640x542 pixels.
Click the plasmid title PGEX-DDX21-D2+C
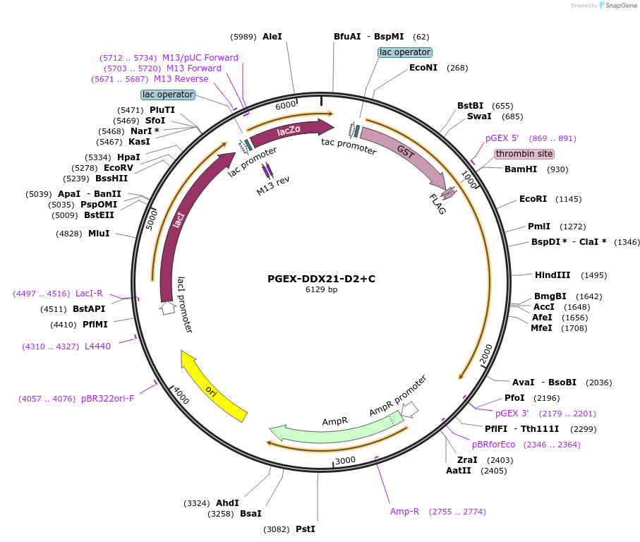click(x=321, y=279)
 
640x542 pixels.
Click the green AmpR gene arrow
click(x=332, y=428)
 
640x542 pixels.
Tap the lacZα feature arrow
click(x=290, y=131)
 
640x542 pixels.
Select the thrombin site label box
click(x=524, y=154)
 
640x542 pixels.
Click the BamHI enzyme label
click(x=521, y=169)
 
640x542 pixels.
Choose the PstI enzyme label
click(x=305, y=529)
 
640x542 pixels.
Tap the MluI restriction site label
click(x=99, y=233)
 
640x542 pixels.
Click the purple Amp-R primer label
click(x=405, y=512)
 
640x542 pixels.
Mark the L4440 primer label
click(x=97, y=347)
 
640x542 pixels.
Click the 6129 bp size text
click(x=321, y=290)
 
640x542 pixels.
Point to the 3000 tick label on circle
click(x=345, y=460)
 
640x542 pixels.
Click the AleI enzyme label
click(x=272, y=37)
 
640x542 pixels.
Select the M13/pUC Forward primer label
click(x=200, y=58)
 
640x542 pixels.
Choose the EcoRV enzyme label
click(x=118, y=168)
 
